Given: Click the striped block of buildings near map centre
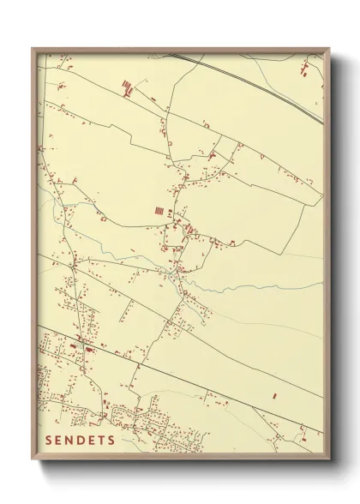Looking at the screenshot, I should [x=159, y=209].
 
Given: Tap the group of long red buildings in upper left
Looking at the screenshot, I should [x=127, y=86].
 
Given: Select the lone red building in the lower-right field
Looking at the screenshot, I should [x=275, y=396].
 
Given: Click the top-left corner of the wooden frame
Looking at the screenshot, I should [x=33, y=49].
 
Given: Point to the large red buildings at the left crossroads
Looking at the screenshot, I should [x=87, y=347].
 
